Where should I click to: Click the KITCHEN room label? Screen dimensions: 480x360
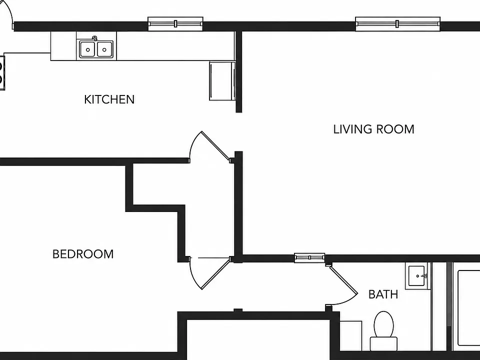pos(109,99)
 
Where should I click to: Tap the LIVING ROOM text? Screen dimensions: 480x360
pos(374,129)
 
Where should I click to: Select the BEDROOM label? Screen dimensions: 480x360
pos(83,254)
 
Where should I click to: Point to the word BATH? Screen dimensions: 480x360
pos(383,294)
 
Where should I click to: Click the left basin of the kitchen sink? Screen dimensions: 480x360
pos(88,49)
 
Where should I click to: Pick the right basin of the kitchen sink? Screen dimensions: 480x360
pos(104,49)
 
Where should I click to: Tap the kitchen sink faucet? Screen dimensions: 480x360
pos(95,38)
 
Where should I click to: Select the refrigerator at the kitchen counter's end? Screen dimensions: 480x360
pos(222,81)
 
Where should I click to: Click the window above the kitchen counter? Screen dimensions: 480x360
pos(175,24)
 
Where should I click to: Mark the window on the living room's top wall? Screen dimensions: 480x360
pos(397,24)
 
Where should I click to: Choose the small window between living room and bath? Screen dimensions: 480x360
pos(309,258)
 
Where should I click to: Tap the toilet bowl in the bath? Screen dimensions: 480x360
pos(384,324)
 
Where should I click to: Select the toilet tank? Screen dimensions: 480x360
pos(384,344)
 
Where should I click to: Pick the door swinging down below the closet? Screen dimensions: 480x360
pos(209,273)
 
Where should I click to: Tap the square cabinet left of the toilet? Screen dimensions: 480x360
pos(351,336)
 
